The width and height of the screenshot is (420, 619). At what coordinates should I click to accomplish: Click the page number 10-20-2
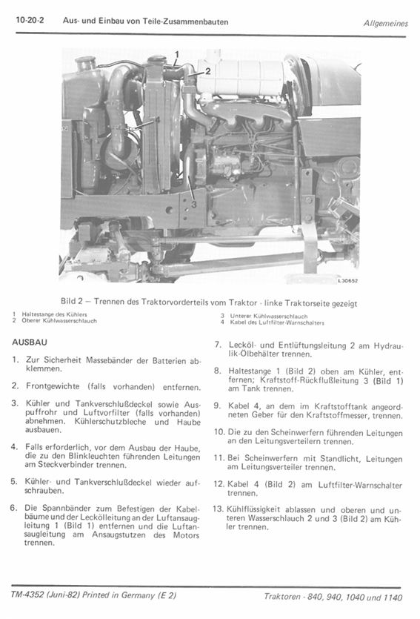click(30, 20)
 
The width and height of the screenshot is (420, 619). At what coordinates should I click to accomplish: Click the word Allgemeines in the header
click(386, 23)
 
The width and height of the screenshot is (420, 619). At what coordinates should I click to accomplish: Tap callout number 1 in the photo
click(177, 54)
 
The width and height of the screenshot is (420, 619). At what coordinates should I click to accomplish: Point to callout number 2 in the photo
click(207, 71)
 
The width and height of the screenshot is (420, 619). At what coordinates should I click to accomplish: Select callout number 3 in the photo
click(193, 204)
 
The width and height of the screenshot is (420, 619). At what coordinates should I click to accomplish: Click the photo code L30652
click(348, 281)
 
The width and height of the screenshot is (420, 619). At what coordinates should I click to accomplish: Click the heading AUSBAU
click(30, 342)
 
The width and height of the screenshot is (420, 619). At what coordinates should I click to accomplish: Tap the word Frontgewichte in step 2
click(53, 386)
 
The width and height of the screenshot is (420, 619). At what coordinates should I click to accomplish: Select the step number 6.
click(14, 508)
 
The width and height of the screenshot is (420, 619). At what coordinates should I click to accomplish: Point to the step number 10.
click(219, 432)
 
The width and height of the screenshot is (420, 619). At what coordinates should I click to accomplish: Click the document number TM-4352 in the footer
click(27, 595)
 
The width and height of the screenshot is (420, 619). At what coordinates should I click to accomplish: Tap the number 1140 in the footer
click(393, 598)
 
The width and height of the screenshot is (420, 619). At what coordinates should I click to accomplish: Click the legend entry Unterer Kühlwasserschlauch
click(269, 317)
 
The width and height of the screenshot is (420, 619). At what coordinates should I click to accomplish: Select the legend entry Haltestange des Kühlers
click(54, 314)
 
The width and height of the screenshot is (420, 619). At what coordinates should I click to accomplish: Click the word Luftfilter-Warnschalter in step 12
click(360, 485)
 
